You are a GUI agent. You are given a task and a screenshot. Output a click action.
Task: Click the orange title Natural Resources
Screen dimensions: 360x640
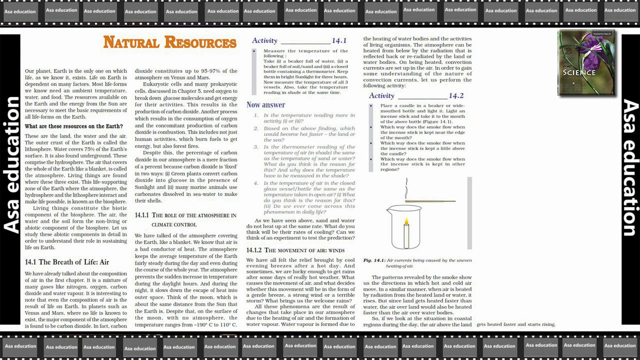(x=169, y=42)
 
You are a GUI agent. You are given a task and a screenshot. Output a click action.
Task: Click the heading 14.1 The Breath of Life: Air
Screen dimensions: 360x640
(x=67, y=262)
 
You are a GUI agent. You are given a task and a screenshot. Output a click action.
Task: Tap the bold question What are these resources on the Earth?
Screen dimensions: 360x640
(x=73, y=126)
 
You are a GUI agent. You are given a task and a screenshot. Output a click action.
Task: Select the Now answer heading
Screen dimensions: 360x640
(x=265, y=104)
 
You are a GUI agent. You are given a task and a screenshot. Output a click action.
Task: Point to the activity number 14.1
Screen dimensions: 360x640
(x=339, y=41)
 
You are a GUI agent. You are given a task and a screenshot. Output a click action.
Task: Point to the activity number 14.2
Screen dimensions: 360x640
(x=456, y=95)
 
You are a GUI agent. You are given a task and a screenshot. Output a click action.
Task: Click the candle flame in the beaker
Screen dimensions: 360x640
(x=406, y=221)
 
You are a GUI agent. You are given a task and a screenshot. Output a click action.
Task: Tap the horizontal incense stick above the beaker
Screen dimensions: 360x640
(x=430, y=201)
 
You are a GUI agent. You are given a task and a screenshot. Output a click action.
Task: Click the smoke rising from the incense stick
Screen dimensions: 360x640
(x=406, y=187)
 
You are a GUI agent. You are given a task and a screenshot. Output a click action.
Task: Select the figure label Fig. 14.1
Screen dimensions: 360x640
(x=374, y=260)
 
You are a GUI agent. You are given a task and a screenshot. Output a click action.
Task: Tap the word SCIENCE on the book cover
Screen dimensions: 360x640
(x=579, y=72)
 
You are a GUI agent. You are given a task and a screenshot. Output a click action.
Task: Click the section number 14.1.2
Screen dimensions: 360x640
(x=254, y=250)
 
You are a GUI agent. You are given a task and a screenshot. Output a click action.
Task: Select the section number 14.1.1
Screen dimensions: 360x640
(x=142, y=215)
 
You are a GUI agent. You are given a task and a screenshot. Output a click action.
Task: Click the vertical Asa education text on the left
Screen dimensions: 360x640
(x=12, y=165)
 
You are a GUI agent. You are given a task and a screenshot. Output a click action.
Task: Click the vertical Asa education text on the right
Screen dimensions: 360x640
(x=630, y=167)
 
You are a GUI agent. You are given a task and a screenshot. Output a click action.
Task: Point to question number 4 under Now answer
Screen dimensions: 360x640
(x=256, y=183)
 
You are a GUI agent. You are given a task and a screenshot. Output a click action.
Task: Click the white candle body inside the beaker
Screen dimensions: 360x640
(x=406, y=236)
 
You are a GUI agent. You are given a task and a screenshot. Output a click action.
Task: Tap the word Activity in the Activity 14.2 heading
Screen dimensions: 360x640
(x=381, y=95)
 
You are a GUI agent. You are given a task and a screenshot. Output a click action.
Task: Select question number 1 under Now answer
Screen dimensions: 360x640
(x=256, y=115)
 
